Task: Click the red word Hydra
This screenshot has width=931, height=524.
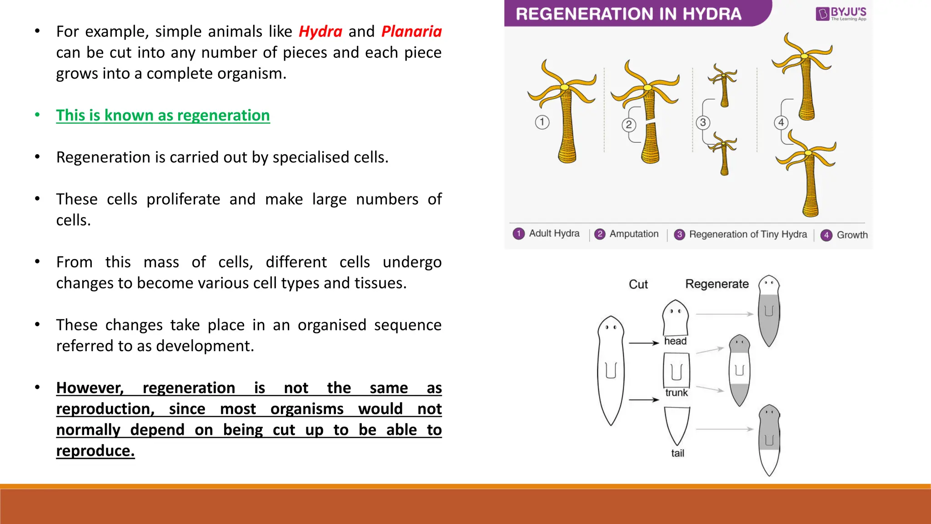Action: pyautogui.click(x=320, y=32)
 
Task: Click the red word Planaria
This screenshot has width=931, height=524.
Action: pyautogui.click(x=411, y=32)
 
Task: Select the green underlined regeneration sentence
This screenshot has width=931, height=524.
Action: pyautogui.click(x=163, y=116)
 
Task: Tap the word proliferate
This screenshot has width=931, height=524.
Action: pyautogui.click(x=183, y=199)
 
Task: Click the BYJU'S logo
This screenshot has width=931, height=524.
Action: pyautogui.click(x=841, y=14)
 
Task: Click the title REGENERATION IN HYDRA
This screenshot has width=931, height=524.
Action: pyautogui.click(x=628, y=14)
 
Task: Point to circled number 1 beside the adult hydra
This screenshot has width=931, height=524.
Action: pyautogui.click(x=542, y=122)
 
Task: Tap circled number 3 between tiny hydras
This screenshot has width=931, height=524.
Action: pyautogui.click(x=703, y=122)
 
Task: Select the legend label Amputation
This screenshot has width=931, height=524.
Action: pyautogui.click(x=634, y=234)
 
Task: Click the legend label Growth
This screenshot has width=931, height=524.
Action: pyautogui.click(x=852, y=235)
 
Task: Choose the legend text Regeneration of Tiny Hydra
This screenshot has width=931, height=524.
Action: pyautogui.click(x=748, y=234)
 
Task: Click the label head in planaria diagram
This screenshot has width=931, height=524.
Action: pyautogui.click(x=675, y=341)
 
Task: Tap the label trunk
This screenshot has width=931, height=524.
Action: pyautogui.click(x=676, y=393)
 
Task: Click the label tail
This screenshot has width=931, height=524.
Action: pyautogui.click(x=677, y=453)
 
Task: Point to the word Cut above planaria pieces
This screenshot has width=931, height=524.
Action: pyautogui.click(x=638, y=284)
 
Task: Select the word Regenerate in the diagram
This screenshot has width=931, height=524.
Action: pyautogui.click(x=717, y=284)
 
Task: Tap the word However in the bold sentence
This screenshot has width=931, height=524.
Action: pyautogui.click(x=90, y=388)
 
